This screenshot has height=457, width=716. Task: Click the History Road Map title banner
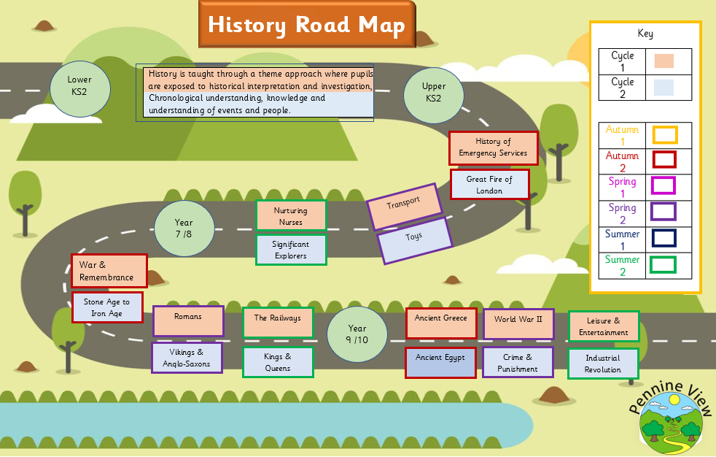pyautogui.click(x=306, y=25)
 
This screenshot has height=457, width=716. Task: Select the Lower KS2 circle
pyautogui.click(x=79, y=88)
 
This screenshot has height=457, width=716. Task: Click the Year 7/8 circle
pyautogui.click(x=184, y=228)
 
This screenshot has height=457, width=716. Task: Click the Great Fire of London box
pyautogui.click(x=489, y=184)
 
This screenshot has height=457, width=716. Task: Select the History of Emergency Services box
pyautogui.click(x=493, y=148)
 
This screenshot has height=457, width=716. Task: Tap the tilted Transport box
pyautogui.click(x=404, y=207)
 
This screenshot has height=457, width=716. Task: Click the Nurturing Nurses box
pyautogui.click(x=290, y=215)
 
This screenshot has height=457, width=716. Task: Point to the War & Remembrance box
pyautogui.click(x=109, y=271)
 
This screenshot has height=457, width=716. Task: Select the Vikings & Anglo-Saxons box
pyautogui.click(x=187, y=358)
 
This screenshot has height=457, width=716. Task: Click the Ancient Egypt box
pyautogui.click(x=440, y=362)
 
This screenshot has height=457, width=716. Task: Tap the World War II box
pyautogui.click(x=518, y=323)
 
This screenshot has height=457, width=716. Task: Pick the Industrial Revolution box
pyautogui.click(x=602, y=364)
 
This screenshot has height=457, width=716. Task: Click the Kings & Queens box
pyautogui.click(x=277, y=362)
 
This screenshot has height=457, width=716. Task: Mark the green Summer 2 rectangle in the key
pyautogui.click(x=663, y=264)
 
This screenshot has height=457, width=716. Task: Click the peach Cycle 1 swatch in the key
pyautogui.click(x=664, y=61)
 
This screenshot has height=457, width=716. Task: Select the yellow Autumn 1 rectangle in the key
pyautogui.click(x=664, y=135)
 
